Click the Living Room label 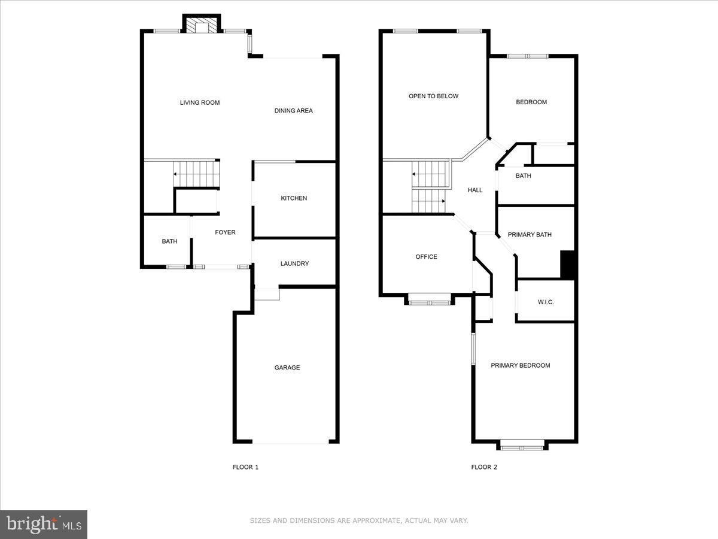pos(200,102)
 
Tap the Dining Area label pos(293,111)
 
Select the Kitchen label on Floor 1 pos(294,198)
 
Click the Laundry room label pos(294,264)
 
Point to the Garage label pos(287,368)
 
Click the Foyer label pos(226,232)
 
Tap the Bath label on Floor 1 pos(169,241)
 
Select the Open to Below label pos(433,96)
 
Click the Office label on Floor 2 pos(426,257)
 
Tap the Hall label pos(475,190)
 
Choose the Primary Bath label pos(530,235)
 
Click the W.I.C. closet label pos(546,302)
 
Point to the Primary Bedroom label pos(521,365)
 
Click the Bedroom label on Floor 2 pos(531,102)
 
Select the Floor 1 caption pos(245,467)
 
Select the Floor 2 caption pos(484,467)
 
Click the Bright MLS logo pos(44,525)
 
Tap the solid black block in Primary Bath pos(567,264)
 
